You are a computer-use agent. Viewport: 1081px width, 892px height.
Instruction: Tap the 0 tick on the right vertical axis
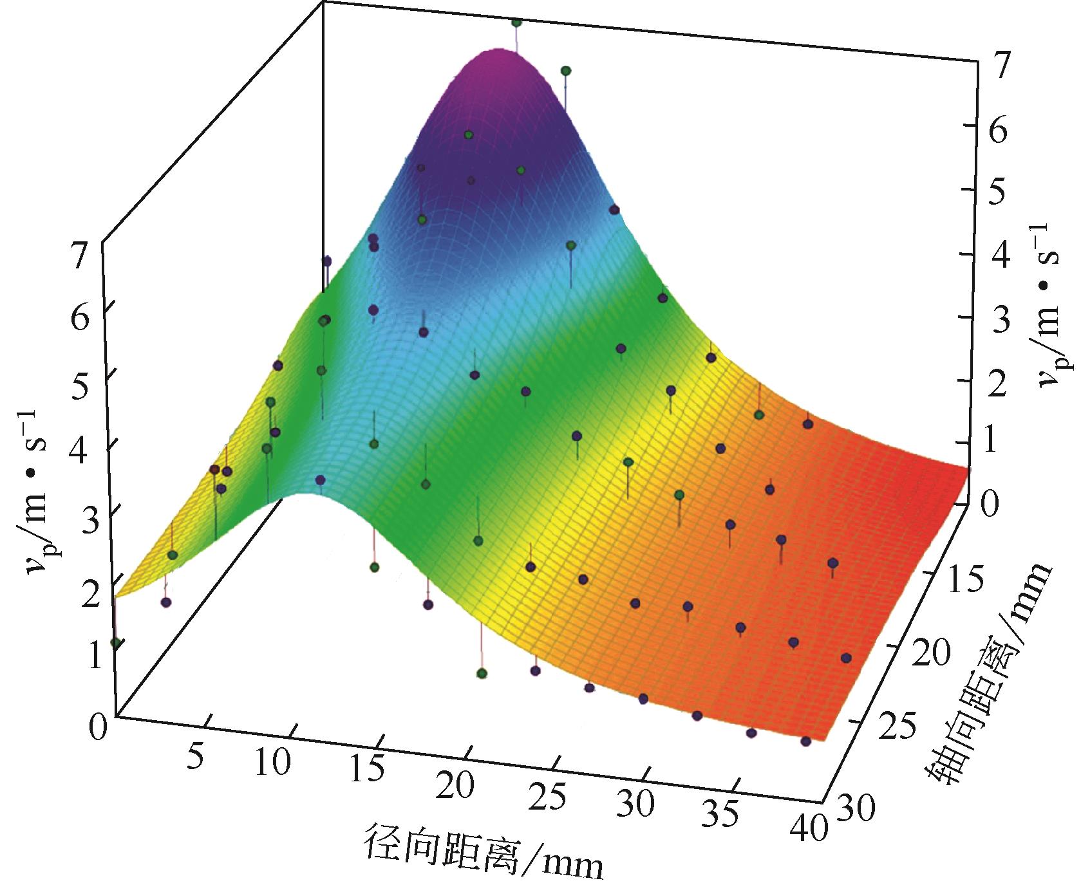[993, 503]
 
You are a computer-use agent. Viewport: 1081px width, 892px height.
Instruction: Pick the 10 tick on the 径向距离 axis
[273, 763]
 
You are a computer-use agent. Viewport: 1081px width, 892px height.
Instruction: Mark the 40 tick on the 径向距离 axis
[807, 828]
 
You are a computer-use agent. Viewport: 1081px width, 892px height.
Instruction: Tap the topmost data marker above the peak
[516, 23]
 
